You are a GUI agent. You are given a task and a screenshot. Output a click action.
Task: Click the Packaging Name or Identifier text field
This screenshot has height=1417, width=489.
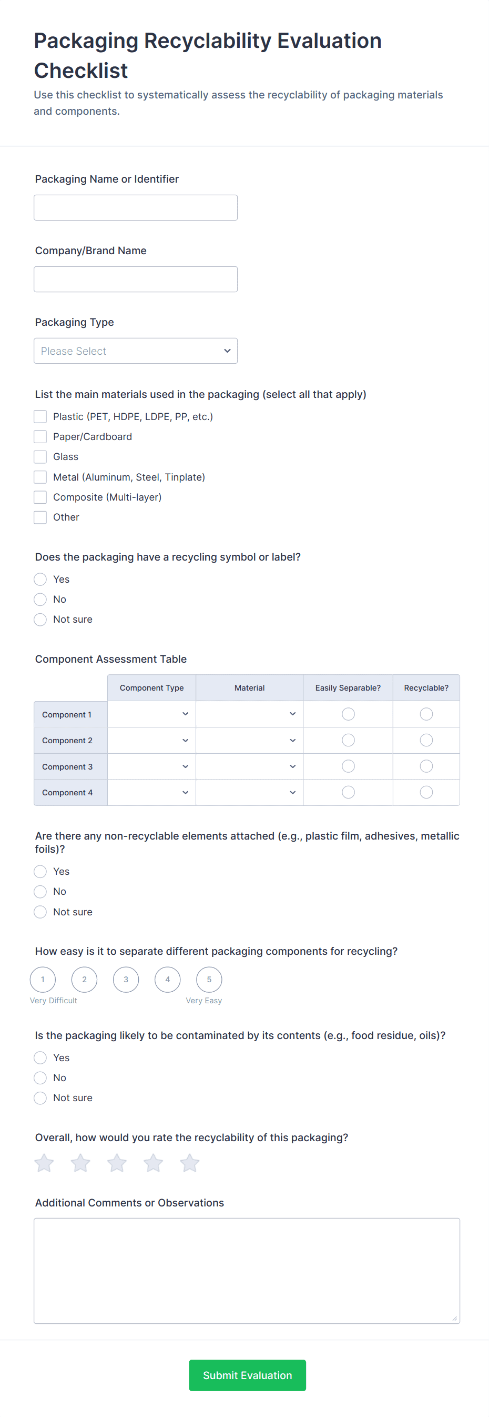click(x=135, y=207)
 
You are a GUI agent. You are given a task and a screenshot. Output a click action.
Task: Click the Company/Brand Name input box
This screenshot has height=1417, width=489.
click(x=135, y=279)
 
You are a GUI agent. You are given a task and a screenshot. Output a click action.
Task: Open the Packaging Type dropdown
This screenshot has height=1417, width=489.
click(x=135, y=351)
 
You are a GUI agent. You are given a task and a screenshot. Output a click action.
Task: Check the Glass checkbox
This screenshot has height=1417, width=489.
click(x=40, y=456)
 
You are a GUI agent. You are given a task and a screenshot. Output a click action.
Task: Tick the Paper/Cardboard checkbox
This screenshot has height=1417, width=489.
click(x=40, y=437)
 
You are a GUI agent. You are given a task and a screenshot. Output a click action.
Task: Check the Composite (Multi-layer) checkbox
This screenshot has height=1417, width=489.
click(x=40, y=497)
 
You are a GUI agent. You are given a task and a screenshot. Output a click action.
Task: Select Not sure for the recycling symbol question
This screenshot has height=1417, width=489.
click(x=40, y=620)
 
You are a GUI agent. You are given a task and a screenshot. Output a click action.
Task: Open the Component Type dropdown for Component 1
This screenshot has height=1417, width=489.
click(x=151, y=714)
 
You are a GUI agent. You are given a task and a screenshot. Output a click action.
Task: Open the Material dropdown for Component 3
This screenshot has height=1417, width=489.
click(x=249, y=766)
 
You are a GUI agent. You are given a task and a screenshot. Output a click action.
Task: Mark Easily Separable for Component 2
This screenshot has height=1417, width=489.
click(x=348, y=741)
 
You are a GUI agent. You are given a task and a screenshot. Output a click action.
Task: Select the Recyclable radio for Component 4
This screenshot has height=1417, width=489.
click(x=426, y=792)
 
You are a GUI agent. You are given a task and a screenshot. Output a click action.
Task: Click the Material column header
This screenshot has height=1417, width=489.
click(x=249, y=687)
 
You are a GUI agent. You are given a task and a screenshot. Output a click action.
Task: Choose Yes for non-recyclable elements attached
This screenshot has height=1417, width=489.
click(x=40, y=871)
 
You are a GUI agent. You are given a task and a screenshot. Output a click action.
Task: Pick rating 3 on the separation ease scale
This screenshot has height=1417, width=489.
click(x=126, y=979)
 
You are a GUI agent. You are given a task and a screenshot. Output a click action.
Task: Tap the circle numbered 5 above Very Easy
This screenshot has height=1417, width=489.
click(x=209, y=979)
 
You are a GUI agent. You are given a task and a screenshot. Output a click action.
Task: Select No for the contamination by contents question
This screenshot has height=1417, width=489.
click(x=40, y=1077)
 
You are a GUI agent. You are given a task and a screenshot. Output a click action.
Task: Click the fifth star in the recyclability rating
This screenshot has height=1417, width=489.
click(x=190, y=1163)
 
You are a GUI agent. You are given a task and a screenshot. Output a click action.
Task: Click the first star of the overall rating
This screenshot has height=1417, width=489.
click(x=44, y=1163)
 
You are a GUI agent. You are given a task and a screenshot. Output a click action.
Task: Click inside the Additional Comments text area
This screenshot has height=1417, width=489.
click(x=247, y=1270)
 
